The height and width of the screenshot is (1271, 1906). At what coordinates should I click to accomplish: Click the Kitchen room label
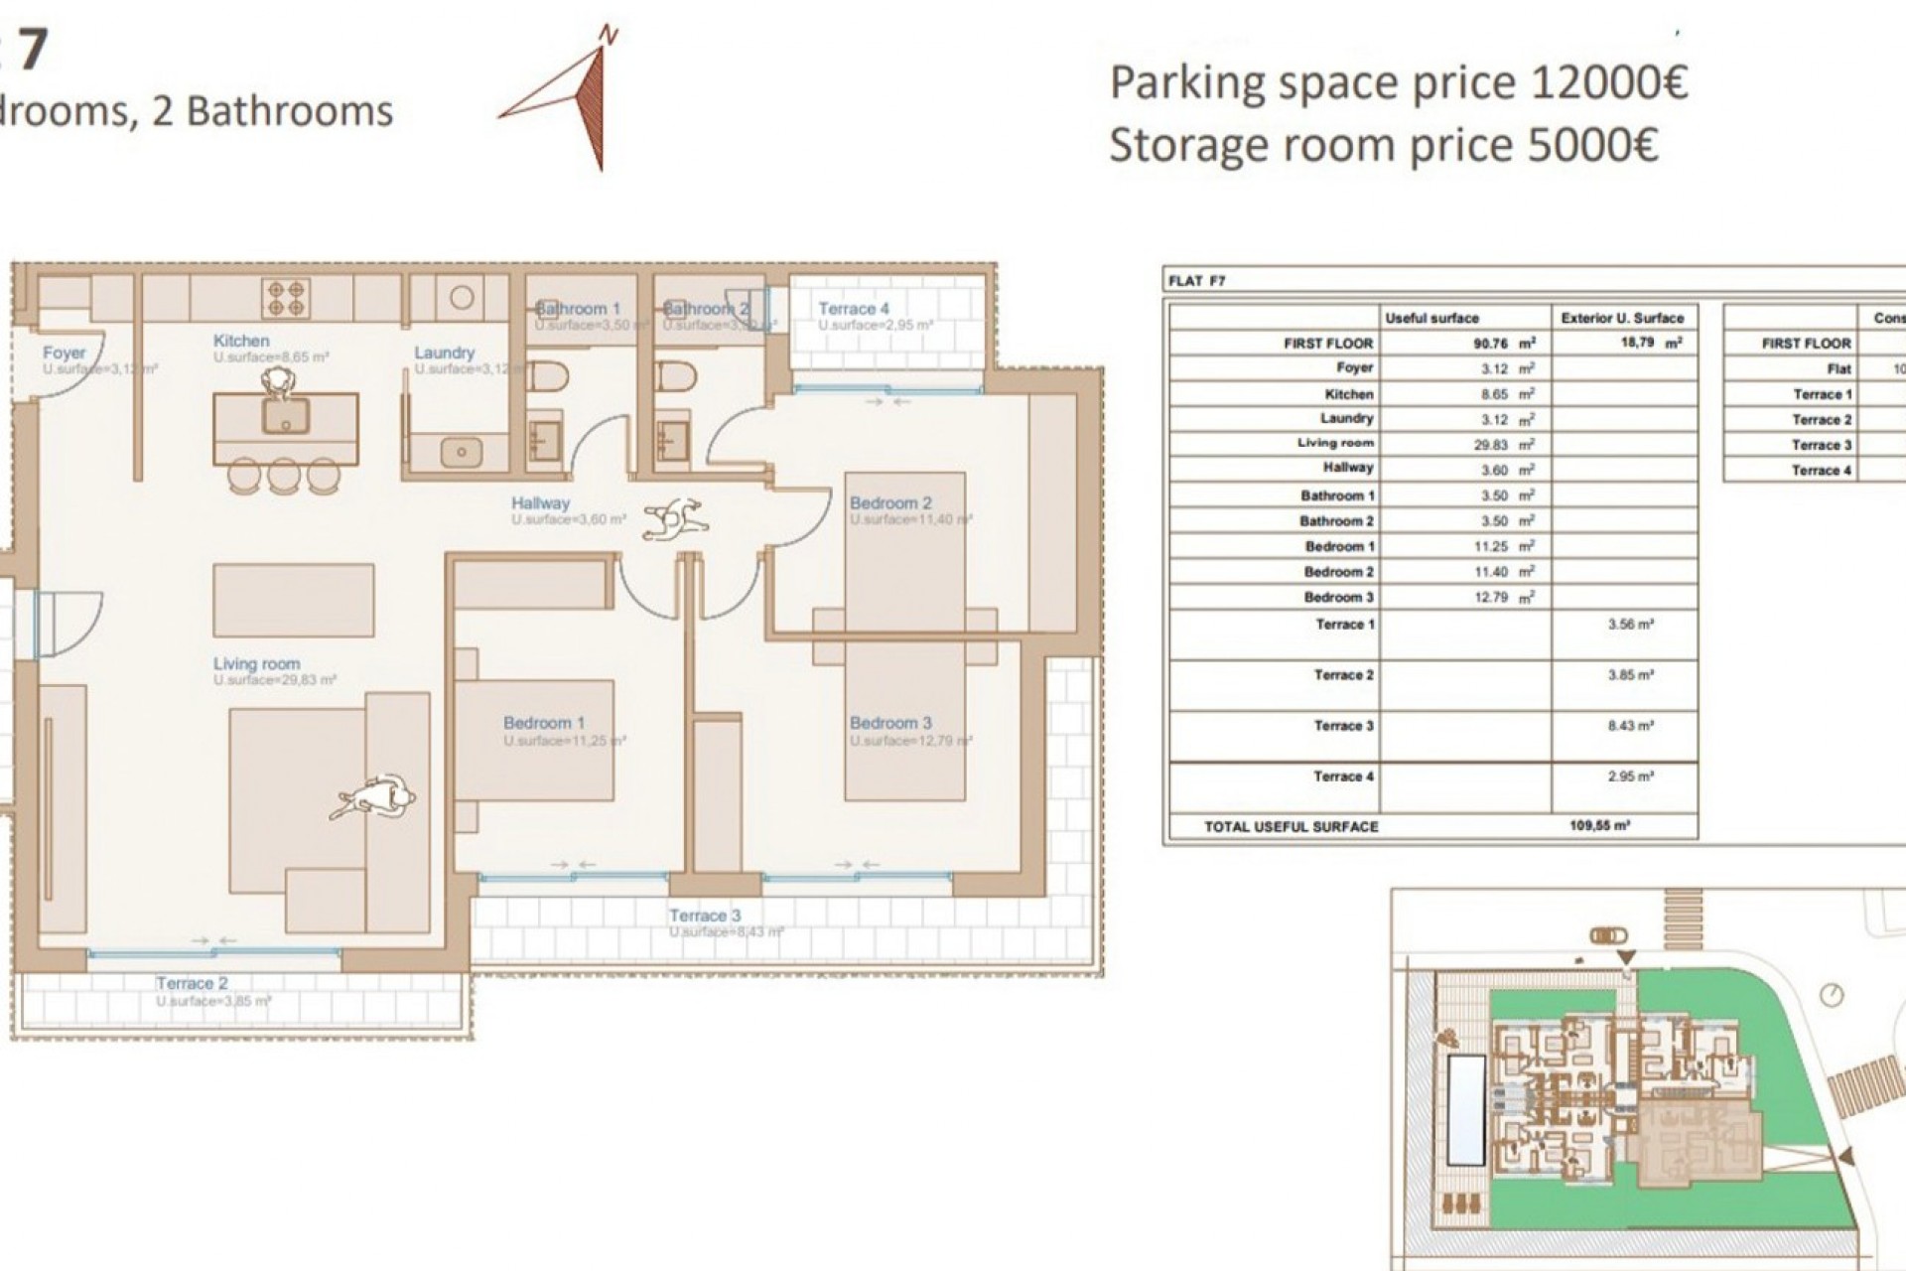241,341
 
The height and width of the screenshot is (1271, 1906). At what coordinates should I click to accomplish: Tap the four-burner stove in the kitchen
286,295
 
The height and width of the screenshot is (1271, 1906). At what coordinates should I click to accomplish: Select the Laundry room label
444,353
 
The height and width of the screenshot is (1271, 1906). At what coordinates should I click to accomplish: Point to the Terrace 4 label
853,309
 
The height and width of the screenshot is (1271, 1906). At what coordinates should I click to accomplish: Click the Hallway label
540,503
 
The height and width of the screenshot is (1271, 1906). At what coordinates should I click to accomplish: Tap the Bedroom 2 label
890,503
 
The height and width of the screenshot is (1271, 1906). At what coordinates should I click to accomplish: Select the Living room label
256,663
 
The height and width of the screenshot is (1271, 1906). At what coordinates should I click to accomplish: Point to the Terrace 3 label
704,916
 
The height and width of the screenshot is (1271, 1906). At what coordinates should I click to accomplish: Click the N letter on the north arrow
610,37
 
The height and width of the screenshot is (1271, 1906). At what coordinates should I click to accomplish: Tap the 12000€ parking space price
1608,83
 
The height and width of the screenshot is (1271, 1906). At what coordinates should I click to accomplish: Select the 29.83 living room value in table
1491,445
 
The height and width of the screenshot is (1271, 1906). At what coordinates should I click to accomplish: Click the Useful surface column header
1431,318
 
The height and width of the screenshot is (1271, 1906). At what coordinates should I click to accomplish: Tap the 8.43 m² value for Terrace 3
1630,726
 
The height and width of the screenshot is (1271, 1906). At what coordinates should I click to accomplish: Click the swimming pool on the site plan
1465,1109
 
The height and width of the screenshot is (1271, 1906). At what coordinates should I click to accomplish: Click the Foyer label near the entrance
64,353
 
